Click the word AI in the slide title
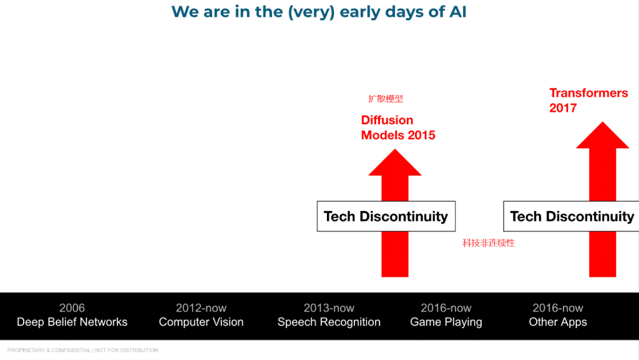pyautogui.click(x=457, y=12)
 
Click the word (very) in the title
pyautogui.click(x=311, y=12)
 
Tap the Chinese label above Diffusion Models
pyautogui.click(x=386, y=99)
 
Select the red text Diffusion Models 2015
pyautogui.click(x=398, y=127)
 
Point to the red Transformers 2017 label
pyautogui.click(x=588, y=100)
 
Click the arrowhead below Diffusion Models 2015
pyautogui.click(x=395, y=162)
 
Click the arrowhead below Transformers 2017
pyautogui.click(x=602, y=135)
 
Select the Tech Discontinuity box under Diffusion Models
pyautogui.click(x=386, y=216)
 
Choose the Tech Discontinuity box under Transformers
pyautogui.click(x=572, y=216)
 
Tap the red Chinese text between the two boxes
pyautogui.click(x=489, y=243)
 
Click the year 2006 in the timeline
pyautogui.click(x=72, y=308)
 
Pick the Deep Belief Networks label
pyautogui.click(x=72, y=322)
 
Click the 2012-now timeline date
pyautogui.click(x=201, y=308)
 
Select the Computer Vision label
pyautogui.click(x=201, y=322)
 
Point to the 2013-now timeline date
pyautogui.click(x=329, y=308)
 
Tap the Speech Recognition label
pyautogui.click(x=329, y=322)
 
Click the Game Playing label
pyautogui.click(x=446, y=322)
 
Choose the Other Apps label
pyautogui.click(x=558, y=322)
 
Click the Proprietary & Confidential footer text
pyautogui.click(x=83, y=350)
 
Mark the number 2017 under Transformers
pyautogui.click(x=563, y=108)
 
